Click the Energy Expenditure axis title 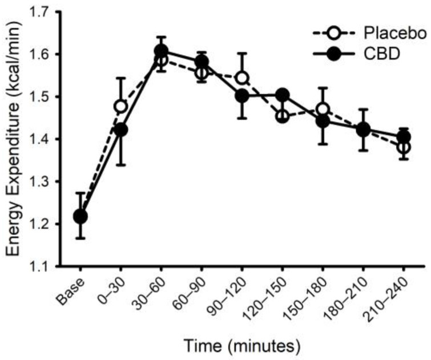(17, 139)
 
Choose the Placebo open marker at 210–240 (404, 147)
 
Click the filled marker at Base (81, 217)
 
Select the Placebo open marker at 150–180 (323, 110)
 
